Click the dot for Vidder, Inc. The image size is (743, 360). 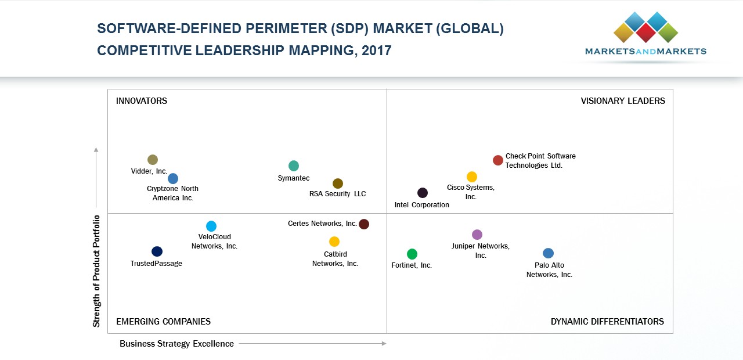point(153,160)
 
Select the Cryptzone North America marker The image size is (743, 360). point(173,179)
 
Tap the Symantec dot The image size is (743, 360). point(294,166)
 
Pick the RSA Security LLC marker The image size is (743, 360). point(338,183)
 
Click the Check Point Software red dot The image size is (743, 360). point(498,160)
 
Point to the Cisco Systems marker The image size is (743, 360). point(472,177)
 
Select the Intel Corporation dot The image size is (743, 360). point(423,193)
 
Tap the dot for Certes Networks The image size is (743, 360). point(364,224)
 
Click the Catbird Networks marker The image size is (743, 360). point(334,242)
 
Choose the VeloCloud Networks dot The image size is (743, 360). point(211,226)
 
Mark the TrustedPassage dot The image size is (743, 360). point(157,251)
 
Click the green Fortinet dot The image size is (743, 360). point(412,254)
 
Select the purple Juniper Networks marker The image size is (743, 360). point(477,235)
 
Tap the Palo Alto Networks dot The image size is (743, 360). point(549,253)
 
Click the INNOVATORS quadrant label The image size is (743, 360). point(142,101)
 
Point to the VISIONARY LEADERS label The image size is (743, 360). point(623,101)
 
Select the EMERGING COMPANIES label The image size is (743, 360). point(163,322)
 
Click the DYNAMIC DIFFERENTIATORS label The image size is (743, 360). point(607,322)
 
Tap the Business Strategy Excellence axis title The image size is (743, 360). point(176,344)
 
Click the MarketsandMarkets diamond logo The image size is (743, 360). point(645,27)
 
